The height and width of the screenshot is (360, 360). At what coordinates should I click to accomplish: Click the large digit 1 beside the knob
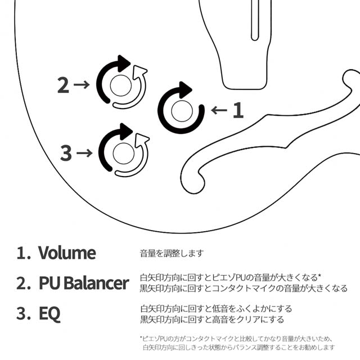[x=238, y=110]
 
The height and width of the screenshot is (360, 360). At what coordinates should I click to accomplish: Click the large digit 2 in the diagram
[x=64, y=85]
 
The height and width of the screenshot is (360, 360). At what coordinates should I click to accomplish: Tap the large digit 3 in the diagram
[x=66, y=152]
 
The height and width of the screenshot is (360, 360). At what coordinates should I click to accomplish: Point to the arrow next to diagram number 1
[x=219, y=110]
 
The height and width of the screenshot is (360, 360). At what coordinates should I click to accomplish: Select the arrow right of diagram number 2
[x=82, y=85]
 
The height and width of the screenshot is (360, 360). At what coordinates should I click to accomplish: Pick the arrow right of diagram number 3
[x=85, y=152]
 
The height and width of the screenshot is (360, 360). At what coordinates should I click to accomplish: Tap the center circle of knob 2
[x=119, y=85]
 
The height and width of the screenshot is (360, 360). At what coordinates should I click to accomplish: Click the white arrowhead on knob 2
[x=141, y=71]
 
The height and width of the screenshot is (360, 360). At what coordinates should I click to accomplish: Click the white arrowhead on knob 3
[x=143, y=138]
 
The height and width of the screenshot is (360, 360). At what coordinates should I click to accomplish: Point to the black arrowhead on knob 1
[x=186, y=89]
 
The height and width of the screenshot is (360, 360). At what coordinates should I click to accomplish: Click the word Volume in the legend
[x=67, y=253]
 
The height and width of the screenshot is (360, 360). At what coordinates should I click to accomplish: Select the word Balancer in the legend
[x=100, y=283]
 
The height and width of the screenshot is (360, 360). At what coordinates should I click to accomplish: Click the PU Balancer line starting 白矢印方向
[x=229, y=278]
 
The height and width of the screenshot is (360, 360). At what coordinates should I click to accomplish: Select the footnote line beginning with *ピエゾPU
[x=236, y=339]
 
